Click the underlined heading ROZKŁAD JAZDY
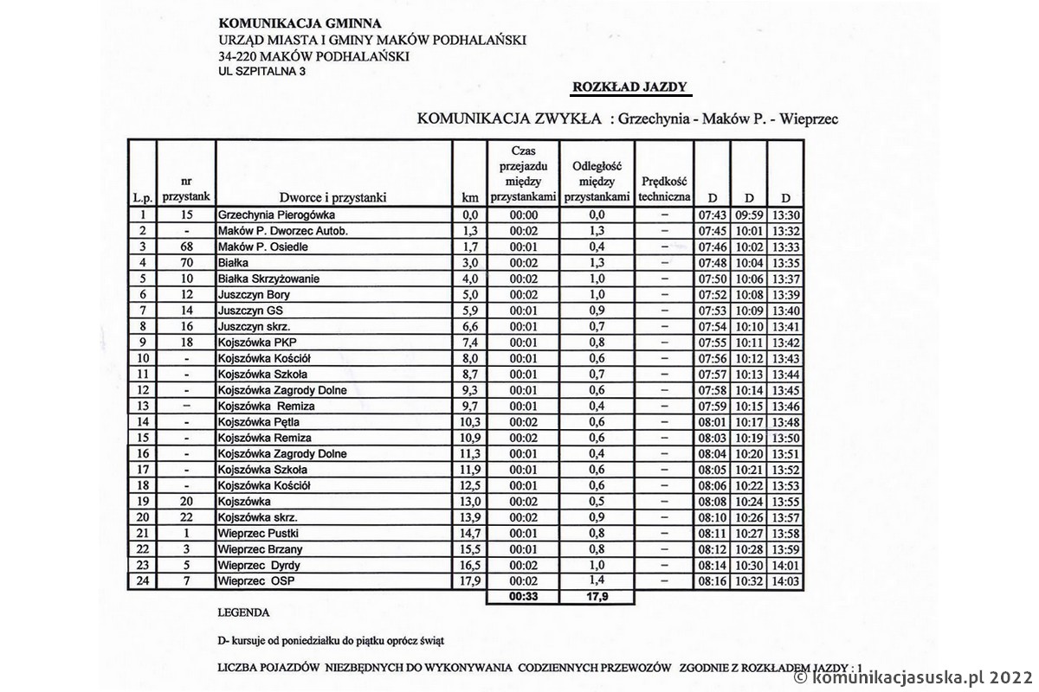click(x=629, y=86)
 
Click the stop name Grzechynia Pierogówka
click(x=276, y=215)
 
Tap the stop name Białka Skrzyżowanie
click(x=268, y=279)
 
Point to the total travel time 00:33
click(x=524, y=597)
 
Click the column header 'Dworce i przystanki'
click(x=332, y=197)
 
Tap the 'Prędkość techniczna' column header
click(x=664, y=189)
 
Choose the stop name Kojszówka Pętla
click(x=259, y=422)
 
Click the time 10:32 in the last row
click(x=749, y=581)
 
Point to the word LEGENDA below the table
click(x=244, y=612)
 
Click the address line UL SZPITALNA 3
click(x=262, y=72)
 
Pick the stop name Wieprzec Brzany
click(x=260, y=549)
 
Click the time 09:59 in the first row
click(x=749, y=215)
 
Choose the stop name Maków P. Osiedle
click(x=263, y=247)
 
